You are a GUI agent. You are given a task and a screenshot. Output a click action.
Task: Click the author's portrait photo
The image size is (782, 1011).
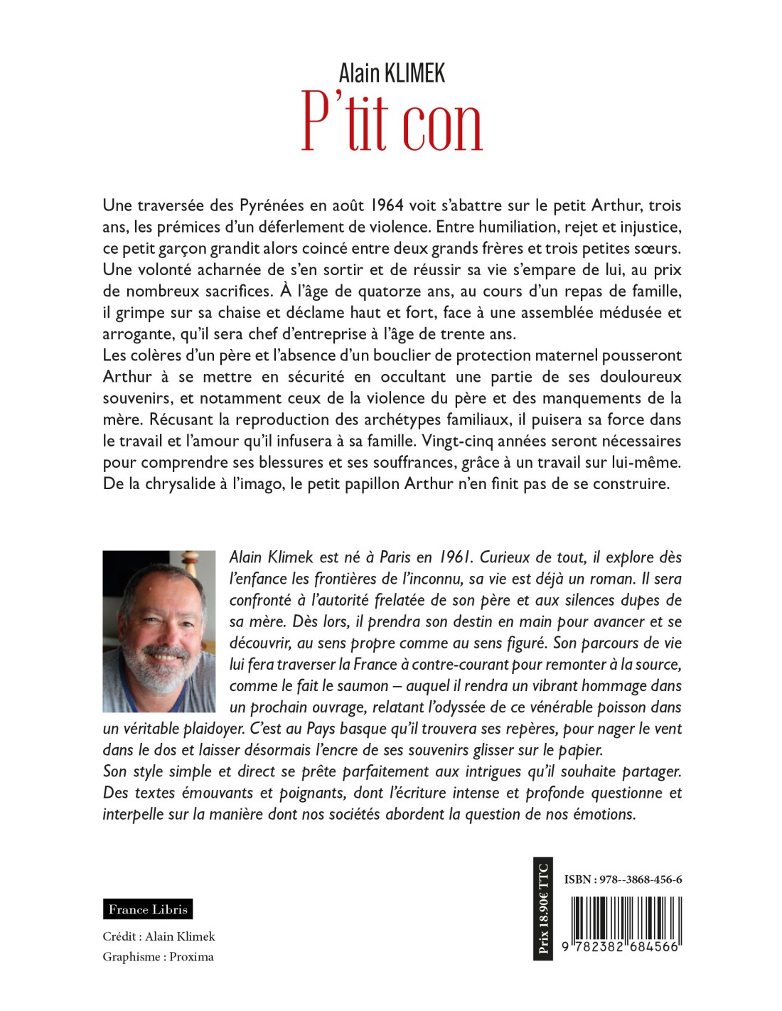(x=159, y=631)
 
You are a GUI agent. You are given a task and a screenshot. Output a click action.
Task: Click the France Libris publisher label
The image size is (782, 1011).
(x=148, y=909)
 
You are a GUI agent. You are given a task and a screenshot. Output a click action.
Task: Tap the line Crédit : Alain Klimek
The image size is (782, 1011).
(x=159, y=936)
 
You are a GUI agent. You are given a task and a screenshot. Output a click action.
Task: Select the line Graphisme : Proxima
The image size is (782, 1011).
(x=158, y=957)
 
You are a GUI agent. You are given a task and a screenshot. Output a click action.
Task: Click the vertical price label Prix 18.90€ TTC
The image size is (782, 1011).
(x=544, y=909)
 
